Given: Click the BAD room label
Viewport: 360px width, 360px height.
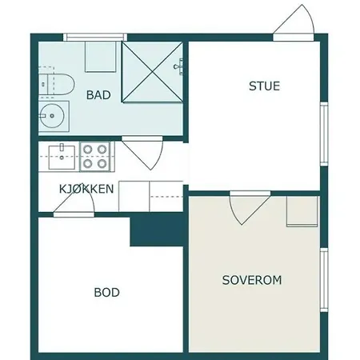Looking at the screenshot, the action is click(x=98, y=95).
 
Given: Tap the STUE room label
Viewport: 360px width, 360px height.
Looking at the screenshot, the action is click(x=264, y=86).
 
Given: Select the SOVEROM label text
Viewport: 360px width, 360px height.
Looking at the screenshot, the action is click(x=252, y=280).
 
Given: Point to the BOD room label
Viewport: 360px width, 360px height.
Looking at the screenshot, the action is click(x=106, y=293).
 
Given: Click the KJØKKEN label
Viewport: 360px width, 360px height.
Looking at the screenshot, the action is click(x=86, y=189).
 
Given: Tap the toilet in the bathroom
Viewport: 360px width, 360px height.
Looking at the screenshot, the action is click(x=56, y=83).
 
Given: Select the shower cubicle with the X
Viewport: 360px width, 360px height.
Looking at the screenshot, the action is click(x=152, y=72).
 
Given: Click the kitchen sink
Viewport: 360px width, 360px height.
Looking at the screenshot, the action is click(x=62, y=158).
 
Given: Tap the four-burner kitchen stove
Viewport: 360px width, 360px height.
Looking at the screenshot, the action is click(x=95, y=157).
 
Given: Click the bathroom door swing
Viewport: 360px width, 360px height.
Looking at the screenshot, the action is click(x=143, y=153).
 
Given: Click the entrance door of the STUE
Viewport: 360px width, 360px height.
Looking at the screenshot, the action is click(x=294, y=22).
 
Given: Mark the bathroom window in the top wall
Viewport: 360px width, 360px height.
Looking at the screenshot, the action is click(x=95, y=37).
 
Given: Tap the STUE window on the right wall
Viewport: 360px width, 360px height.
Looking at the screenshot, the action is click(x=324, y=134).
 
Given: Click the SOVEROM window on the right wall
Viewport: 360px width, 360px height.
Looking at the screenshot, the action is click(x=324, y=280).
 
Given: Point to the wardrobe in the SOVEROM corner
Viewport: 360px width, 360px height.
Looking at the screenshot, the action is click(x=302, y=211).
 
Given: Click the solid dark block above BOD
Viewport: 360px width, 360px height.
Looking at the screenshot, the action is click(x=157, y=230).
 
